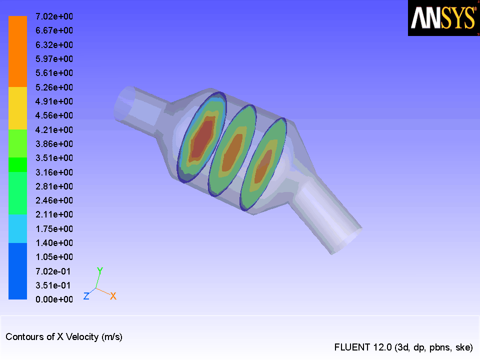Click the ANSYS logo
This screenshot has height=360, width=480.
click(444, 18)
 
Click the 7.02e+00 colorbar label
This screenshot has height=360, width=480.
click(54, 16)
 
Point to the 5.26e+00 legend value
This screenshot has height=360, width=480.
click(54, 87)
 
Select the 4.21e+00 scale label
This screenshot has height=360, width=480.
click(54, 130)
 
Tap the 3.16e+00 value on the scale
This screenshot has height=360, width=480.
click(54, 172)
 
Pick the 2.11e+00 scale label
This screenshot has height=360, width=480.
click(54, 214)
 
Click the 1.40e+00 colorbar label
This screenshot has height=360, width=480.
click(54, 243)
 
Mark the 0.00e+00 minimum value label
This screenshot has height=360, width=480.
click(54, 299)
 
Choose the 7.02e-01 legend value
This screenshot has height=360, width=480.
click(53, 271)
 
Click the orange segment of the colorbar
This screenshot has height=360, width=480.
click(18, 51)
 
